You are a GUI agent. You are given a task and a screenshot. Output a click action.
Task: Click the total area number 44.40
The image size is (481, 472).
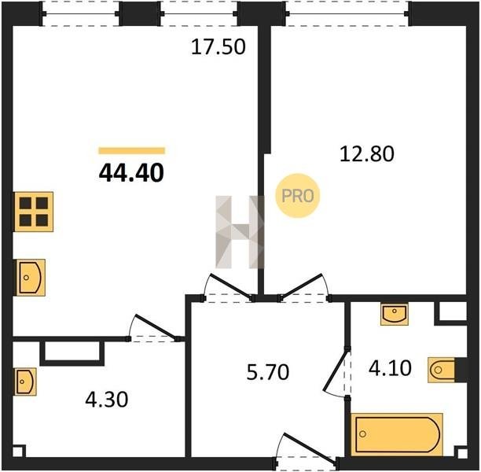[x=131, y=173]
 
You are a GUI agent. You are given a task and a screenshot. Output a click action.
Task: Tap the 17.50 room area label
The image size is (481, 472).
[x=218, y=47]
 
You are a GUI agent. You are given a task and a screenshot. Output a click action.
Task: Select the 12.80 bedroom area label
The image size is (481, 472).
[x=367, y=154]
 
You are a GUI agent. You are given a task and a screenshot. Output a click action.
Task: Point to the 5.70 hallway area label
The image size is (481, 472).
[x=268, y=372]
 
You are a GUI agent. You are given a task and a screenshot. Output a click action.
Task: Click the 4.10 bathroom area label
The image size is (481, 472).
[x=390, y=368]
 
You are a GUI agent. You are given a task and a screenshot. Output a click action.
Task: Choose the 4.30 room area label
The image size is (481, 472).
[x=106, y=400]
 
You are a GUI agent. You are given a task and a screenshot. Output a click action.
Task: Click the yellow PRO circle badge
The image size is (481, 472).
[x=298, y=196]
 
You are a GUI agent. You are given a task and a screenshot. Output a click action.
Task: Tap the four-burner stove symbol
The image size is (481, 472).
[x=34, y=212]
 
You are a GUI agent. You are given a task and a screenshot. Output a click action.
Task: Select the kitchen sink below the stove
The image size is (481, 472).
[x=31, y=278]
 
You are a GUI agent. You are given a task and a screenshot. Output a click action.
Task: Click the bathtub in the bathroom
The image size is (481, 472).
[x=397, y=434]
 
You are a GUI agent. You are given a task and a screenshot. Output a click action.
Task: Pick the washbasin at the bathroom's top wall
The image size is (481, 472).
[x=395, y=314]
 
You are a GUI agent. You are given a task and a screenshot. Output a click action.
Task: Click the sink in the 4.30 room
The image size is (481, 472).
[x=25, y=382]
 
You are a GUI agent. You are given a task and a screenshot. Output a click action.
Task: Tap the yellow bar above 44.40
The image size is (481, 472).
[x=131, y=150]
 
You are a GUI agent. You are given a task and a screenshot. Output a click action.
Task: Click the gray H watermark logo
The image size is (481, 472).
[x=240, y=232]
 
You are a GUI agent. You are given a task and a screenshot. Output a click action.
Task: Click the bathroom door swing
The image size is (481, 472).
[x=337, y=373]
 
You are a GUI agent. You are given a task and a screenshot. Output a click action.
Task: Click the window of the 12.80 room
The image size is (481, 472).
[x=348, y=13]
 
